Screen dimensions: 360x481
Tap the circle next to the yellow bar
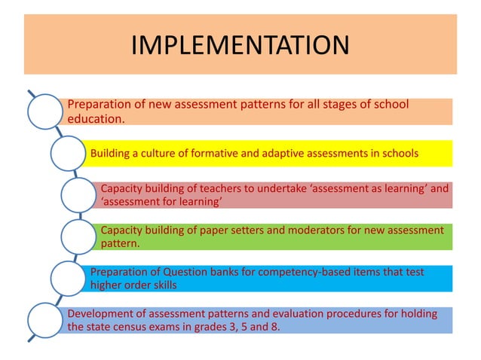(x=68, y=154)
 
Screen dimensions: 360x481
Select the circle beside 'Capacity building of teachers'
(x=79, y=195)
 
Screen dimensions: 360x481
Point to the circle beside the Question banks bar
(x=68, y=278)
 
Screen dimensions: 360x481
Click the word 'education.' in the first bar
(x=96, y=118)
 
